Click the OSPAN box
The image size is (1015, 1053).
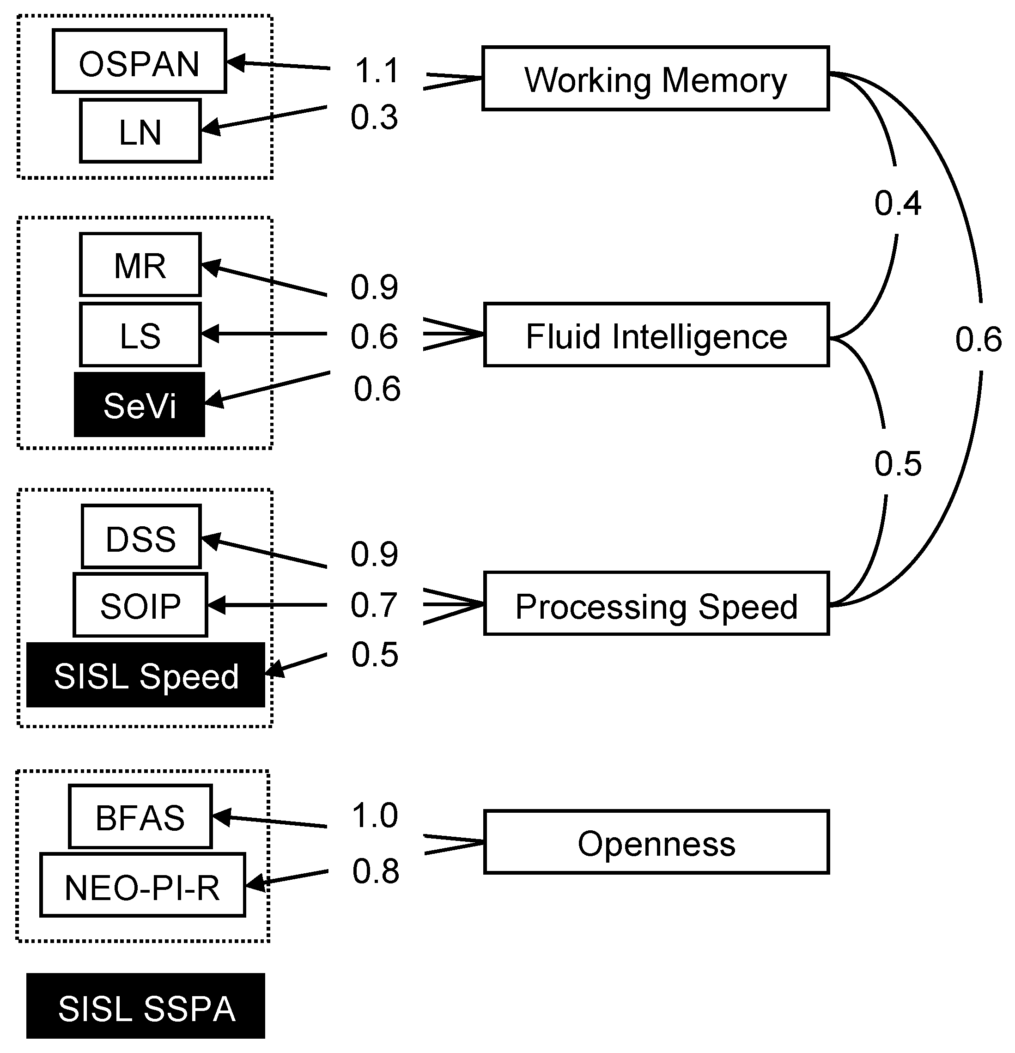click(x=139, y=61)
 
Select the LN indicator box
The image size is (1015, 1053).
click(x=140, y=131)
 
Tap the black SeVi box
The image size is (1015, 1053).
click(x=139, y=405)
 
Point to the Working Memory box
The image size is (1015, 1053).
click(x=655, y=79)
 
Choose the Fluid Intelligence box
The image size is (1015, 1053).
click(x=656, y=335)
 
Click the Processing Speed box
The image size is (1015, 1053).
click(x=656, y=604)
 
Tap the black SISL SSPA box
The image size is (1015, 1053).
click(x=146, y=1006)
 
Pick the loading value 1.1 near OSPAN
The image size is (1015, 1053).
click(x=377, y=70)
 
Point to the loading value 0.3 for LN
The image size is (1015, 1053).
click(x=374, y=116)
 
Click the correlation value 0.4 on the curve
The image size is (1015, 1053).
click(x=897, y=203)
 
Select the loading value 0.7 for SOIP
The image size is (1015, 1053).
click(x=374, y=604)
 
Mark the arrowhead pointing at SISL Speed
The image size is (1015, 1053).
click(x=274, y=670)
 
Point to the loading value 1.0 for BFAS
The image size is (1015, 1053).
click(x=375, y=815)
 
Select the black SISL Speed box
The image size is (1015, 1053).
click(x=146, y=675)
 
